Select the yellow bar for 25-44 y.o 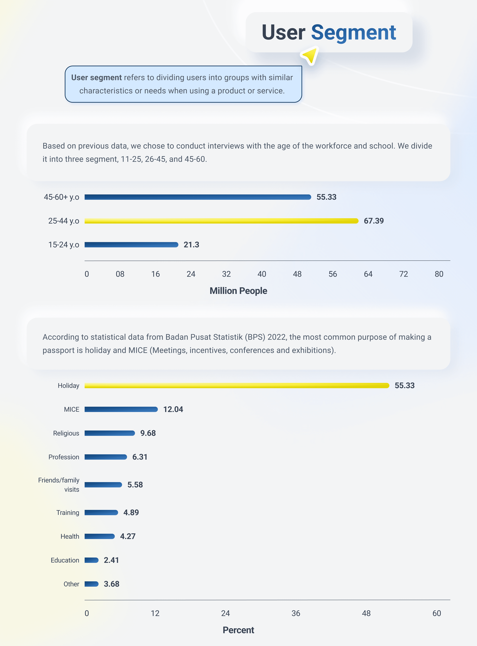(221, 221)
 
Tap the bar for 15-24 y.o (131, 245)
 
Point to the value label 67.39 (374, 221)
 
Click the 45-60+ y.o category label (61, 197)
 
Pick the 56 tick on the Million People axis (333, 274)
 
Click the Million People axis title (238, 291)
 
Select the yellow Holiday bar (237, 385)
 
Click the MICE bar (121, 409)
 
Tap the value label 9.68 (148, 433)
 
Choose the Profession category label (64, 457)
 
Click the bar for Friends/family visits (103, 485)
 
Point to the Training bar (101, 512)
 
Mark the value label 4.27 (128, 536)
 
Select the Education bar (91, 560)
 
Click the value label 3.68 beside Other (111, 584)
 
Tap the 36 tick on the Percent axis (296, 613)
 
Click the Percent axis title (238, 630)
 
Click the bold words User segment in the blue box (96, 78)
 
